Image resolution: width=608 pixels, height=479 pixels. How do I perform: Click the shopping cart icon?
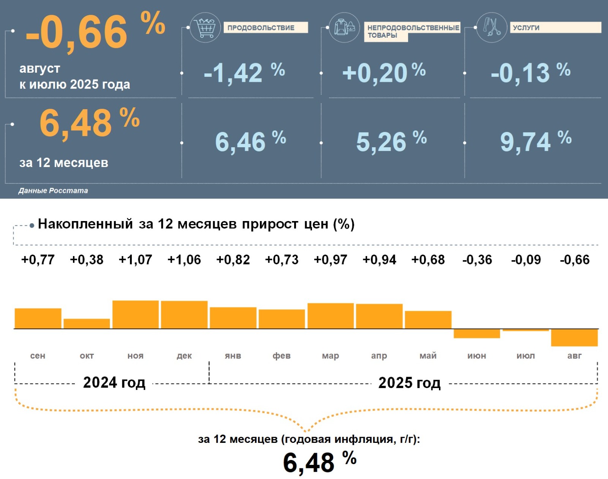tap(205, 27)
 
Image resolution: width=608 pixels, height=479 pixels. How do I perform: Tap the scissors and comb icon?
tap(492, 27)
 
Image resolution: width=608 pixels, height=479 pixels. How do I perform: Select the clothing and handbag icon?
tap(344, 27)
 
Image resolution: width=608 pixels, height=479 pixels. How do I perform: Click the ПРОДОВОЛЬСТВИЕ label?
tap(261, 28)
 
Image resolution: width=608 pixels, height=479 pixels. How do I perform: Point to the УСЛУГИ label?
tap(526, 28)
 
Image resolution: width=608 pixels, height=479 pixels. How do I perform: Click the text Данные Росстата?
tap(53, 191)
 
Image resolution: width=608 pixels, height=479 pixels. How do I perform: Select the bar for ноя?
tap(135, 315)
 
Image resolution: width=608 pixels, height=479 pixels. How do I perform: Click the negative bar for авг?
tap(574, 337)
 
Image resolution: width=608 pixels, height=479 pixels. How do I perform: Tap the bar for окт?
tap(87, 324)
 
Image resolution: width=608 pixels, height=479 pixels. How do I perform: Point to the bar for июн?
tap(477, 333)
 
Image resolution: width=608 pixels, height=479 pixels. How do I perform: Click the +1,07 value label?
tap(135, 260)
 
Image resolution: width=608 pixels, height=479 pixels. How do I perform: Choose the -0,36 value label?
tap(477, 260)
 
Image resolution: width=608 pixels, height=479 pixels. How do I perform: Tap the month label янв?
tap(233, 356)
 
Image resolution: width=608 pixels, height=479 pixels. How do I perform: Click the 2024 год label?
tap(114, 382)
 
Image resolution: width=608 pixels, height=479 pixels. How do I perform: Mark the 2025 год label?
tap(409, 383)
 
